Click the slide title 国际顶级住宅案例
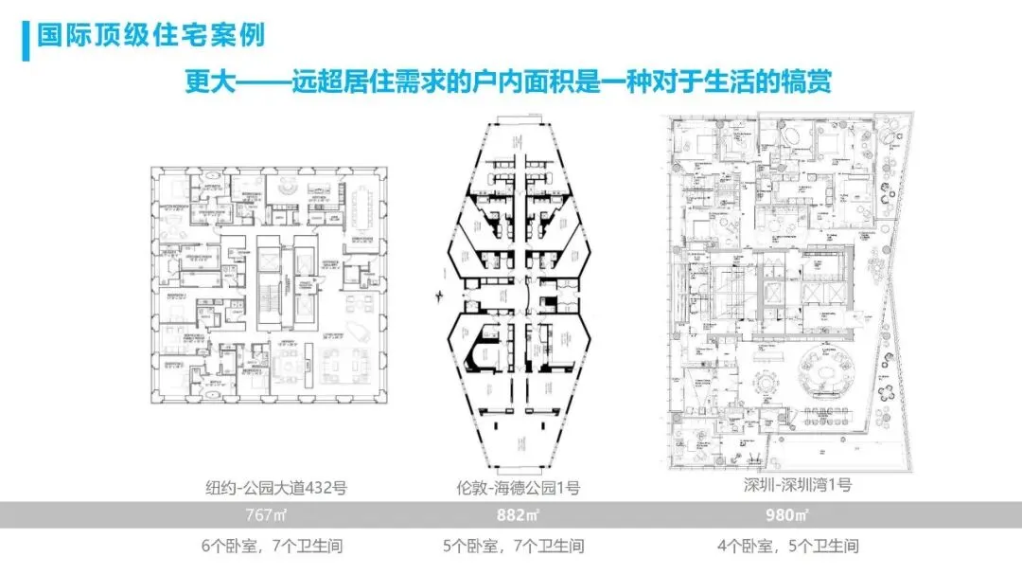pos(150,36)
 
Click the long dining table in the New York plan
pos(361,202)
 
